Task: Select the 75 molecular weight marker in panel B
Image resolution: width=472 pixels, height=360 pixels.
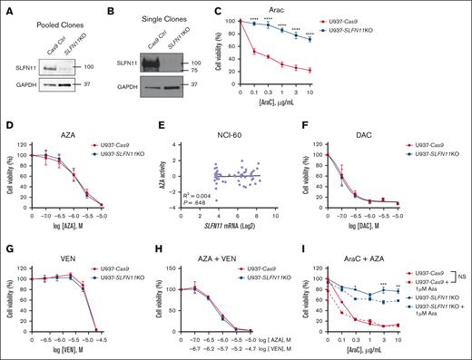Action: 220,67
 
